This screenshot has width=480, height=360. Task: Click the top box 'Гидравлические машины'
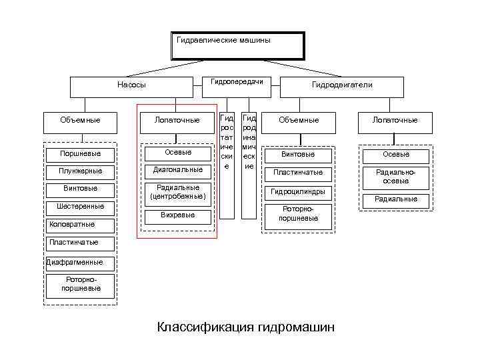point(238,45)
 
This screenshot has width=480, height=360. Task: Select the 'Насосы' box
point(131,86)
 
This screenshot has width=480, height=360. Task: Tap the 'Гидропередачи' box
point(236,82)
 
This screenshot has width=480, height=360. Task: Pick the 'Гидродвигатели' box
point(342,86)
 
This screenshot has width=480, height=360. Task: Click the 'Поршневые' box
point(81,154)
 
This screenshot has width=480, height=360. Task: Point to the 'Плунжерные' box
point(81,171)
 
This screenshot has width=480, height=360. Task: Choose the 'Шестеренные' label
point(81,206)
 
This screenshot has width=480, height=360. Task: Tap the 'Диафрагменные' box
point(74,262)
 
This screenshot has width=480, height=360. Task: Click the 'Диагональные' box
point(178,170)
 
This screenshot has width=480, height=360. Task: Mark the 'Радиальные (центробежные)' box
point(178,193)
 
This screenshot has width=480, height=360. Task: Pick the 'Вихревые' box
point(178,216)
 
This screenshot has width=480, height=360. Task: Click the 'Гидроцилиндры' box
point(297,192)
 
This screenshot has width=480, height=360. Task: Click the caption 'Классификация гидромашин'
point(246,327)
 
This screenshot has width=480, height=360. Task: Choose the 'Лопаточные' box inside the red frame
point(177,121)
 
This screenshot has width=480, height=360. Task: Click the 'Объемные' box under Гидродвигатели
point(298,121)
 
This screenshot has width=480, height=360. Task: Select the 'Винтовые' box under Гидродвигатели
point(297,155)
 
